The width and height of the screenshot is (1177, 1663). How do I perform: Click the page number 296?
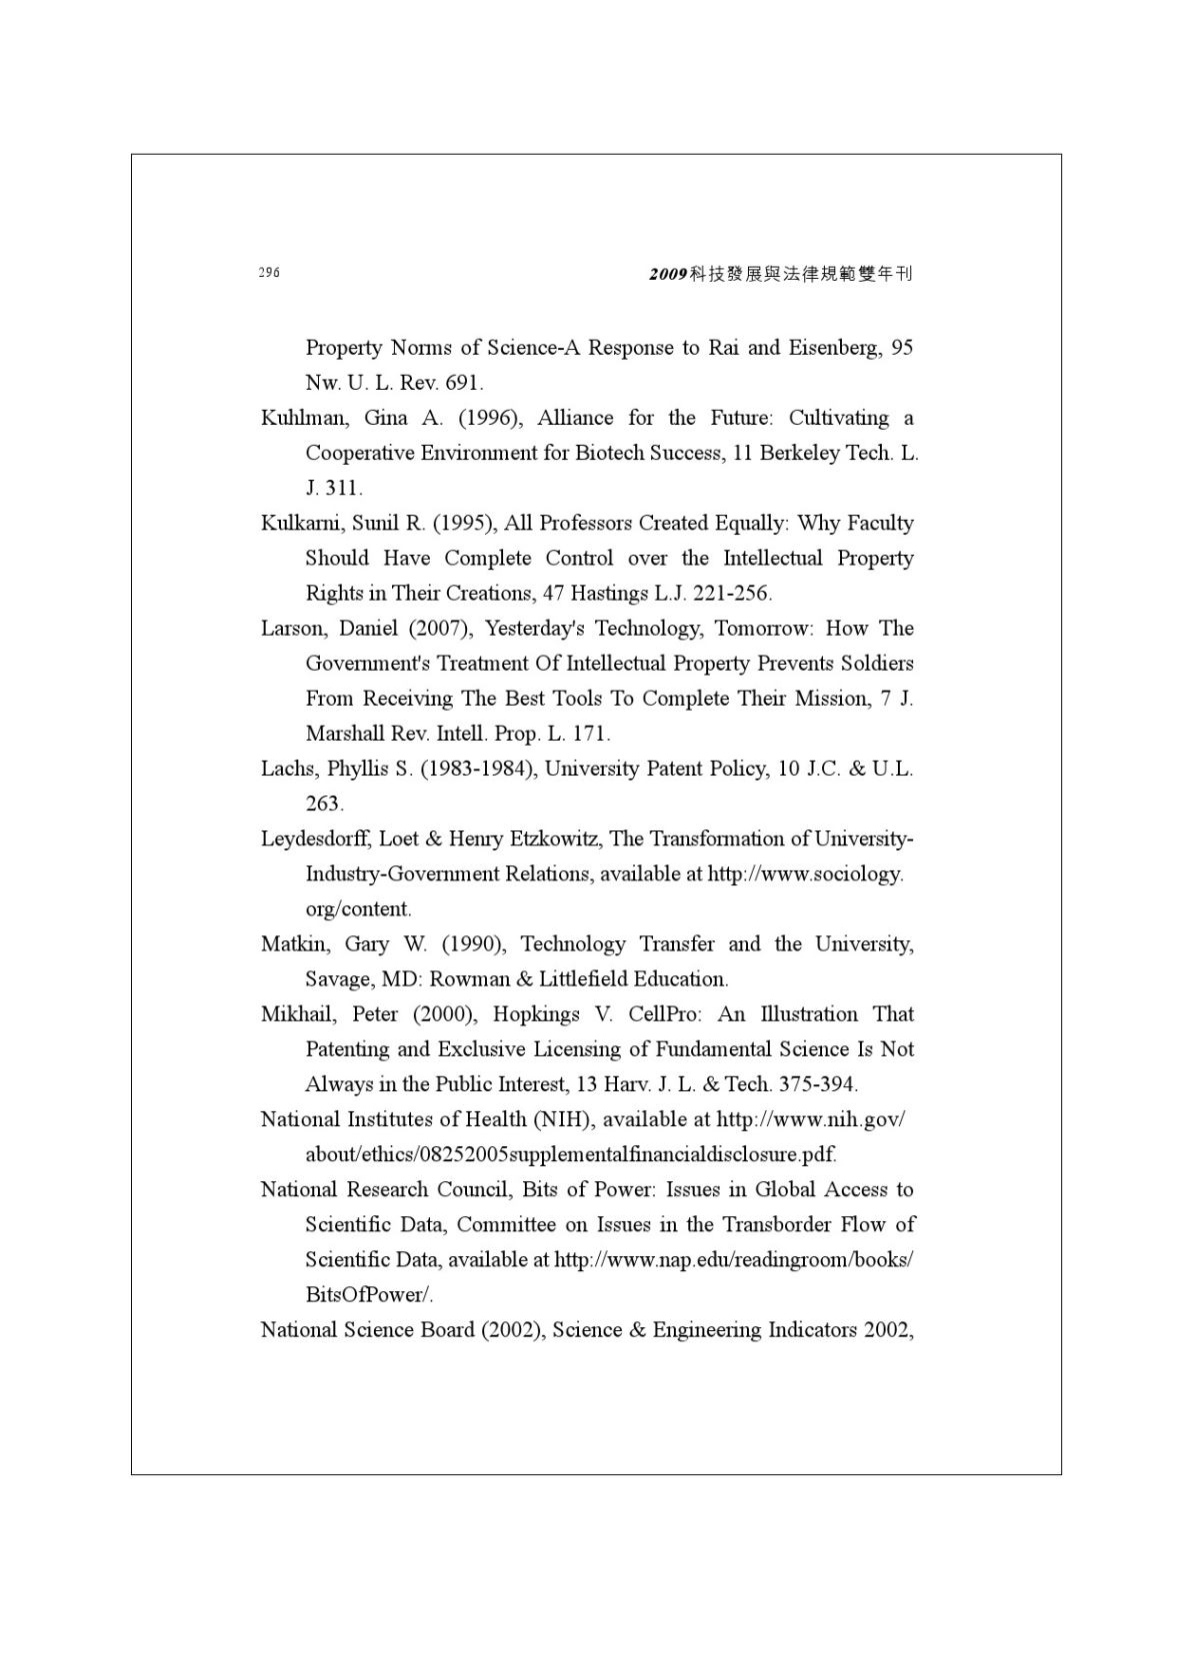pyautogui.click(x=269, y=273)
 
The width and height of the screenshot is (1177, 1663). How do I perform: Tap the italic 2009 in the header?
pyautogui.click(x=667, y=274)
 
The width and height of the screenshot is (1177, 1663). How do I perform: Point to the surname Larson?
pyautogui.click(x=292, y=629)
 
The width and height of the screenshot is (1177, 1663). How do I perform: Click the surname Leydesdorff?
pyautogui.click(x=315, y=838)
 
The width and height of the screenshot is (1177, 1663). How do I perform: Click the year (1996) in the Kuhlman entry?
pyautogui.click(x=490, y=418)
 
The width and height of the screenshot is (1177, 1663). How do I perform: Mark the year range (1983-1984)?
pyautogui.click(x=476, y=769)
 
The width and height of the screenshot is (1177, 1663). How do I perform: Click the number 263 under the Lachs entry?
pyautogui.click(x=323, y=804)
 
